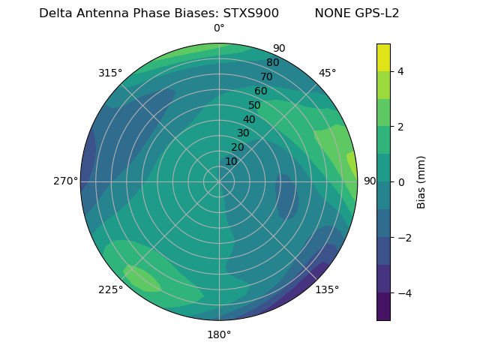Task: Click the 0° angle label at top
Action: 219,28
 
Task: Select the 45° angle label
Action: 327,73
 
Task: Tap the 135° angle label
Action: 327,289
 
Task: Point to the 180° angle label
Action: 219,334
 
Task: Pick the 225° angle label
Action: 110,289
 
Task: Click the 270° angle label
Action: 66,181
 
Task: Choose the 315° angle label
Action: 110,73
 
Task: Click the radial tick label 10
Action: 231,162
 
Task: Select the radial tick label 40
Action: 249,120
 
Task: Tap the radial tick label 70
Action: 266,76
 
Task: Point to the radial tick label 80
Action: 272,63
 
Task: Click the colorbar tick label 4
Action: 401,71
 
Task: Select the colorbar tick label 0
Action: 401,182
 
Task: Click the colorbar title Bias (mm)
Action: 421,182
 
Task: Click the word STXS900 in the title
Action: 251,13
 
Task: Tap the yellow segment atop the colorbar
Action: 383,57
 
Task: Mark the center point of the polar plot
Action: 219,181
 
